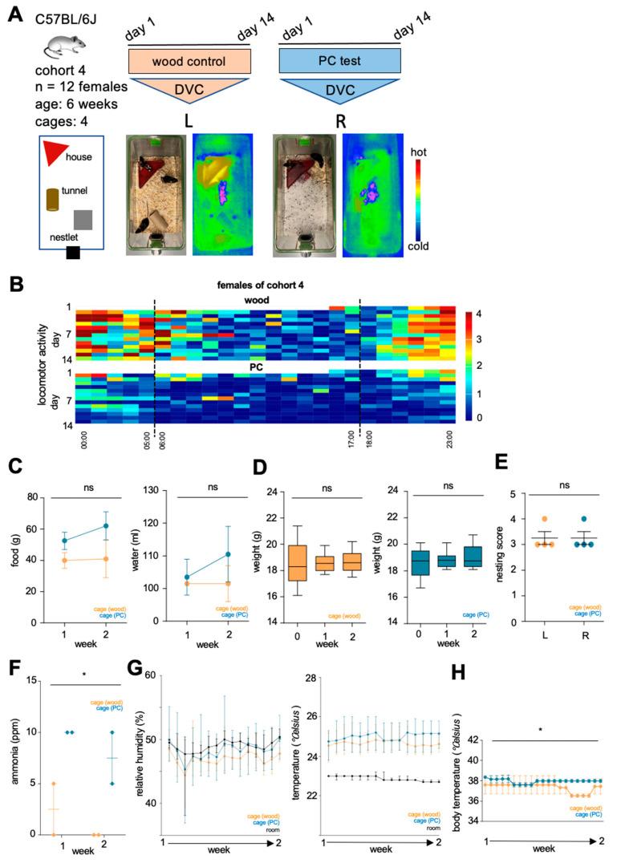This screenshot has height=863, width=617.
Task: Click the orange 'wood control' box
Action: pyautogui.click(x=189, y=61)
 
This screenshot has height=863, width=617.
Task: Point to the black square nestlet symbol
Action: pyautogui.click(x=73, y=253)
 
